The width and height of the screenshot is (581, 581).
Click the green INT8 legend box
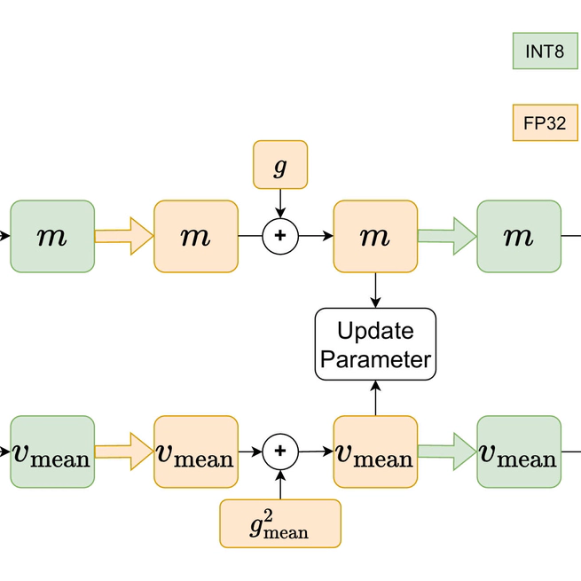pos(545,51)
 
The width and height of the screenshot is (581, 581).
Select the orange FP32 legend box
pos(545,123)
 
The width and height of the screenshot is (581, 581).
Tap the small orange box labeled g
pos(280,164)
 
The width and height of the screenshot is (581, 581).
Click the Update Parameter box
pos(376,345)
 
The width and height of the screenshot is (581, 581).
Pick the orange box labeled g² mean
pos(280,523)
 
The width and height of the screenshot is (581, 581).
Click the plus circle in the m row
pos(280,236)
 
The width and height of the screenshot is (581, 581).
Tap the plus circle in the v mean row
pos(280,451)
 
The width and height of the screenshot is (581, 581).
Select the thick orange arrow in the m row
pos(124,236)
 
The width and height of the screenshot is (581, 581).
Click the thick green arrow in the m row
pos(447,236)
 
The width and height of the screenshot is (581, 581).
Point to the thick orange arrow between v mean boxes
pos(124,451)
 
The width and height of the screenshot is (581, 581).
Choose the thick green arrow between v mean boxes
pos(447,451)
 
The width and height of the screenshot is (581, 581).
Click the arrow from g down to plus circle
pos(280,203)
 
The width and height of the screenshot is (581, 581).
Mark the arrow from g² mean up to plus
pos(280,484)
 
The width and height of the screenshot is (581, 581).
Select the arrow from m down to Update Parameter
pos(376,290)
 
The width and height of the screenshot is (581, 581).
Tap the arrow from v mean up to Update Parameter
pos(376,399)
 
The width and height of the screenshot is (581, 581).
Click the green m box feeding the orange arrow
pos(52,236)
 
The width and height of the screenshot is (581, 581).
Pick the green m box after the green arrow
pos(519,236)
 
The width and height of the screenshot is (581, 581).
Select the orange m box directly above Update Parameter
pos(375,236)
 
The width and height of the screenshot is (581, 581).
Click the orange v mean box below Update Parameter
pos(375,451)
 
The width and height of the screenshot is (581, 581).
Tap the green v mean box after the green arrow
pos(519,451)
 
